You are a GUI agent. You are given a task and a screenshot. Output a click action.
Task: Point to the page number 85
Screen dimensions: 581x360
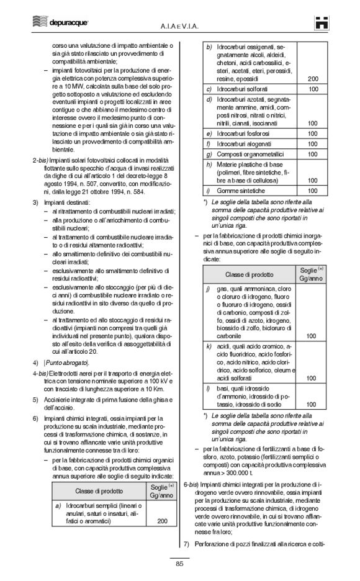tap(179, 564)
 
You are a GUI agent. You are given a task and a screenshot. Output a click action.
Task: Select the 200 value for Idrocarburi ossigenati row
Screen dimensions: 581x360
tap(312, 78)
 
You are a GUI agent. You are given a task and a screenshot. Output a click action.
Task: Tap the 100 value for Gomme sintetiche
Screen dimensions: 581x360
tap(312, 191)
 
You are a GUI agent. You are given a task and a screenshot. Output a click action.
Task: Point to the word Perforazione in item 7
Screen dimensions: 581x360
tap(218, 544)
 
